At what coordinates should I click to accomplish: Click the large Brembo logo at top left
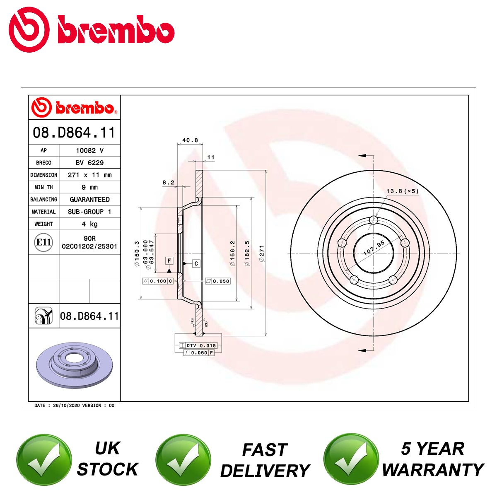[x=92, y=29]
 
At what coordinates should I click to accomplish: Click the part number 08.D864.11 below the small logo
[x=74, y=132]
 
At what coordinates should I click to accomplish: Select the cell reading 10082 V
[x=90, y=150]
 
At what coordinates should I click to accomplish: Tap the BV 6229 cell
[x=90, y=162]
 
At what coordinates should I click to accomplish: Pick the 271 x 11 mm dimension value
[x=90, y=175]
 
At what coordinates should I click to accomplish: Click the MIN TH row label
[x=43, y=187]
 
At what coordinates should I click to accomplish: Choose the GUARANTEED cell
[x=90, y=199]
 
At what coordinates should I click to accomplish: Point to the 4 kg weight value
[x=90, y=224]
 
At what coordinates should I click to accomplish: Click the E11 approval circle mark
[x=43, y=242]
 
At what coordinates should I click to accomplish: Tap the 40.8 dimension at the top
[x=190, y=140]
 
